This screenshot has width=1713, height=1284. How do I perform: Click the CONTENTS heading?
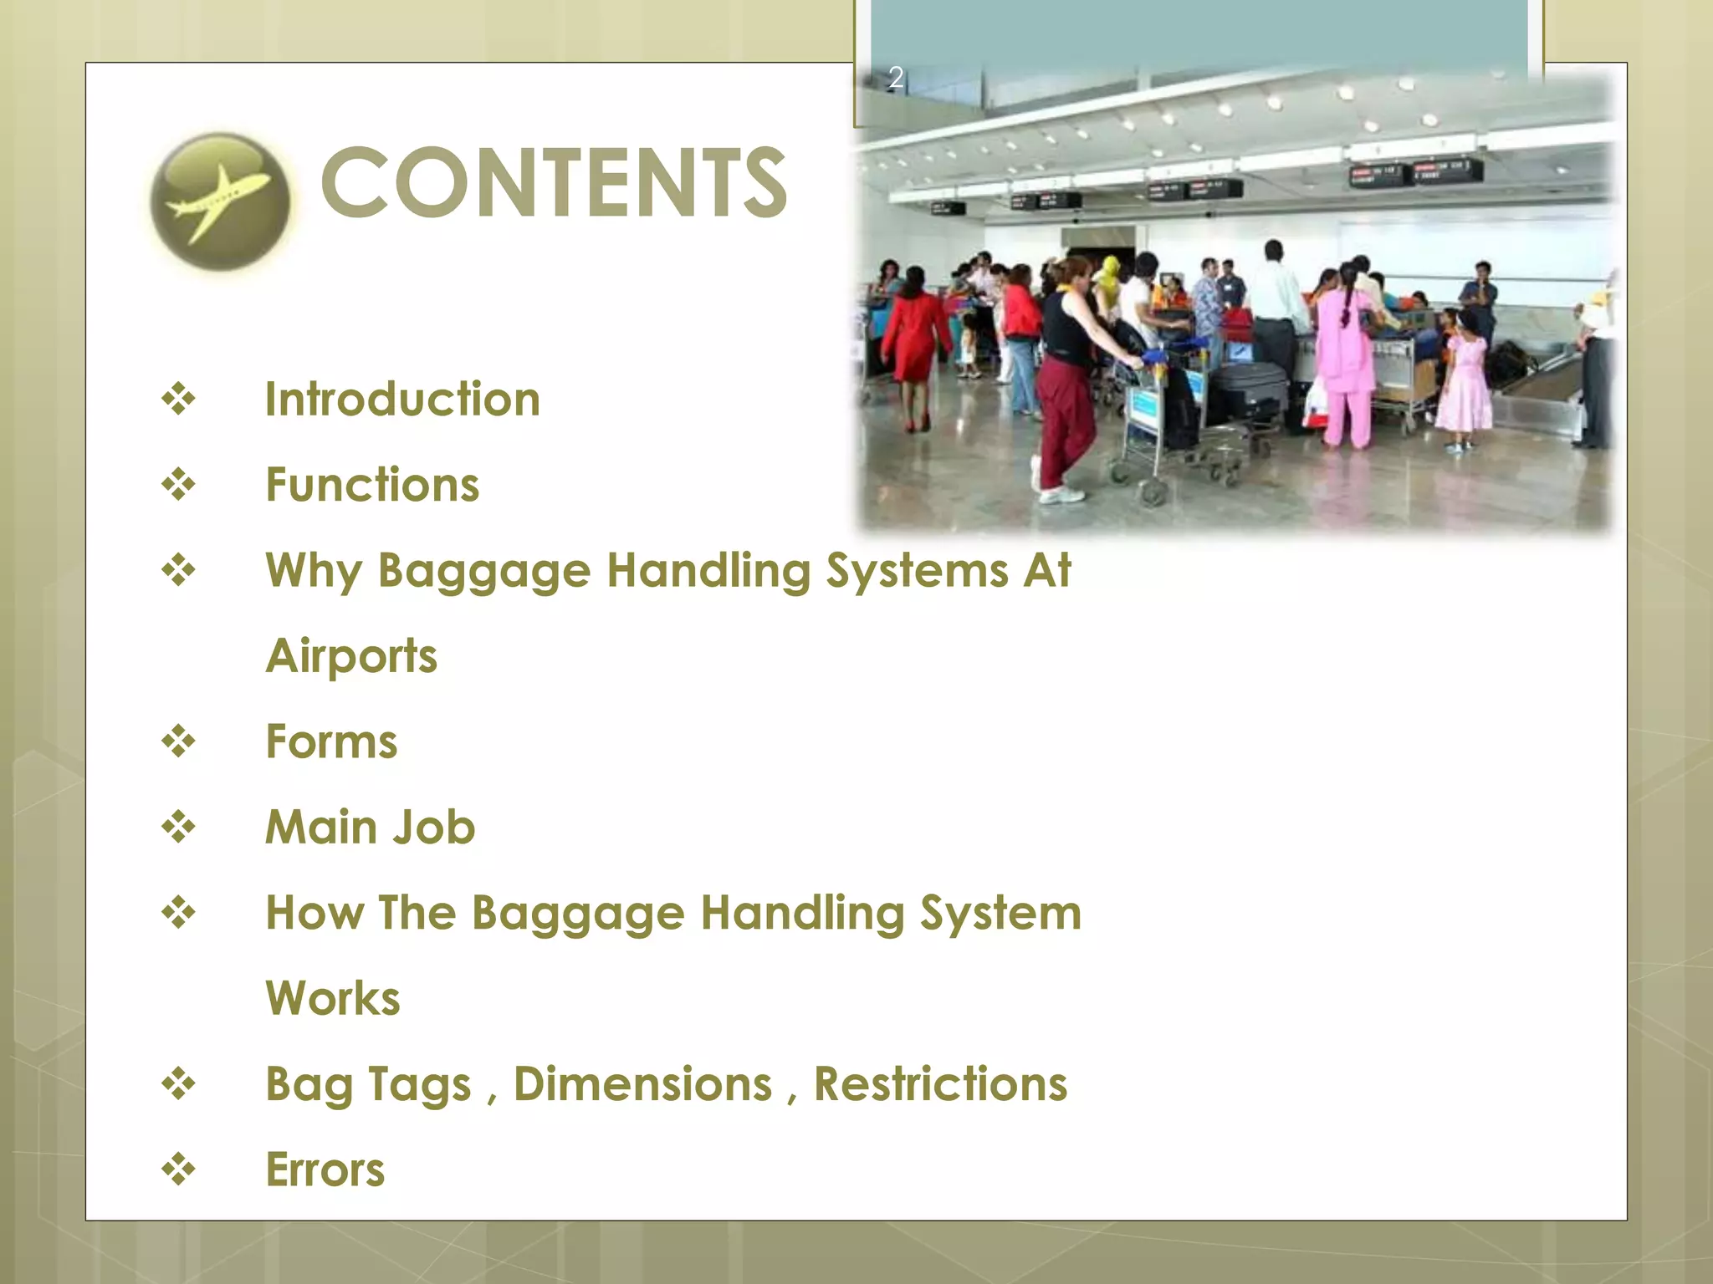click(x=554, y=182)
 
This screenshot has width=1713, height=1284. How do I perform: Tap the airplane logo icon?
click(x=220, y=201)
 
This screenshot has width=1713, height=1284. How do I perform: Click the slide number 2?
click(x=895, y=78)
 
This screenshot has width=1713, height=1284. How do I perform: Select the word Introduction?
click(x=402, y=399)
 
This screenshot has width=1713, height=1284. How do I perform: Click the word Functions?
click(x=372, y=485)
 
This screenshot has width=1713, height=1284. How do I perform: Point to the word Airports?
click(x=351, y=656)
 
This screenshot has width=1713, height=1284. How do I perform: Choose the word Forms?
click(x=331, y=741)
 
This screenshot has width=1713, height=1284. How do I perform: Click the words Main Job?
click(x=370, y=828)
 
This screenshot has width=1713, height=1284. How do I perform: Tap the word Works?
click(x=333, y=998)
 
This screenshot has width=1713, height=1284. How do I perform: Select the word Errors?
click(x=325, y=1169)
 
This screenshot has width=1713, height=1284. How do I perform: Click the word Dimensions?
click(x=642, y=1084)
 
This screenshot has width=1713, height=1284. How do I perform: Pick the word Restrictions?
click(x=940, y=1084)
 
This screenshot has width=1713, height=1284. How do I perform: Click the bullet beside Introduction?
click(x=178, y=399)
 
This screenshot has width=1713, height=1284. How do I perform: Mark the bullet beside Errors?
click(x=178, y=1169)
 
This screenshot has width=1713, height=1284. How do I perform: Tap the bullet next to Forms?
click(x=178, y=741)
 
